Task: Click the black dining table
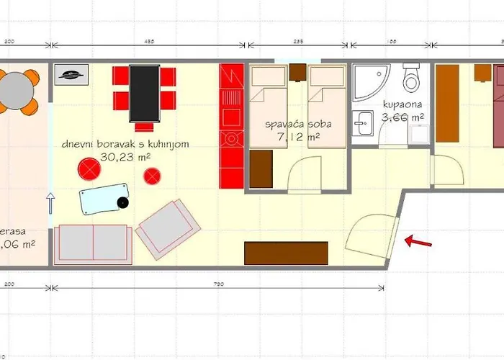[x=145, y=93]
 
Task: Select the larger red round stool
[x=90, y=169]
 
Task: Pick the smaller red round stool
[x=152, y=175]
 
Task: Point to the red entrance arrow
[x=418, y=241]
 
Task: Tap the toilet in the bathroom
[x=411, y=77]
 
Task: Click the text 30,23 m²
[x=125, y=156]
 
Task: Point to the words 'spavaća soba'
[x=293, y=125]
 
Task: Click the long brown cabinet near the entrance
[x=287, y=253]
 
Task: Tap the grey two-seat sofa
[x=92, y=243]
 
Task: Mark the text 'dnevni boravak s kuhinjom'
[x=125, y=144]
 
